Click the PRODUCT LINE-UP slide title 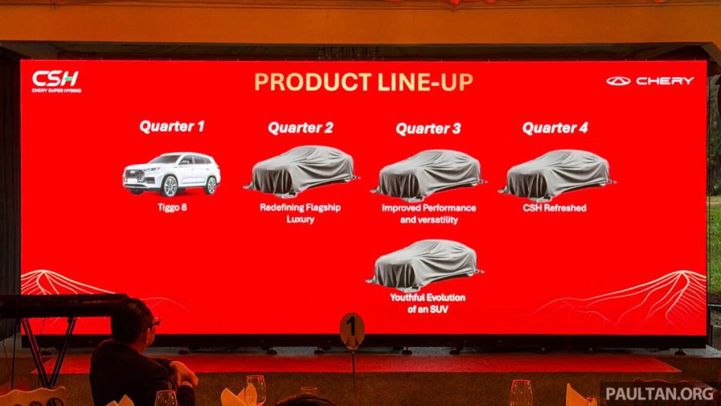tap(363, 82)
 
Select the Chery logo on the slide tap(650, 81)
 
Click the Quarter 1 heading tap(172, 127)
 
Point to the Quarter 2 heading tap(300, 128)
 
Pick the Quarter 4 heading tap(555, 128)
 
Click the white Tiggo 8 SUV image tap(172, 173)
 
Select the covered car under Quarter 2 tap(301, 171)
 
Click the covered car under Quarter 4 tap(556, 174)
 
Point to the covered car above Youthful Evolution tap(425, 264)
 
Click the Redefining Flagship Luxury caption tap(301, 214)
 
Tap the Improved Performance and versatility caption tap(429, 214)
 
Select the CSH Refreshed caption tap(555, 208)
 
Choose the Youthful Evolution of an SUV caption tap(427, 302)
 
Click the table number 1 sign tap(352, 329)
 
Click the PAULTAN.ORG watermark tap(659, 393)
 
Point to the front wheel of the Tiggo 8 tap(170, 186)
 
